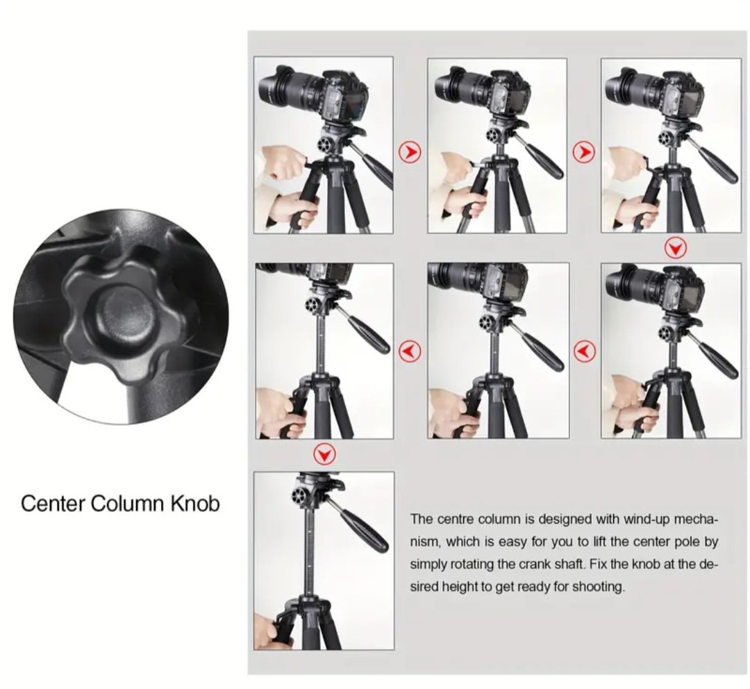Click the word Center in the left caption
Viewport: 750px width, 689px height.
53,504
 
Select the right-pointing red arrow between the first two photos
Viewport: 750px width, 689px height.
410,153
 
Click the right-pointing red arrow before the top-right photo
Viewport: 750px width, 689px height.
584,153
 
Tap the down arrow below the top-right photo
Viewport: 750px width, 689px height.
676,249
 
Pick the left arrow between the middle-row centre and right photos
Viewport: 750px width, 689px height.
584,351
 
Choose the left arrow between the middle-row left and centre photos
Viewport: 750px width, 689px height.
410,351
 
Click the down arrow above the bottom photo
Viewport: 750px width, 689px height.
325,454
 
